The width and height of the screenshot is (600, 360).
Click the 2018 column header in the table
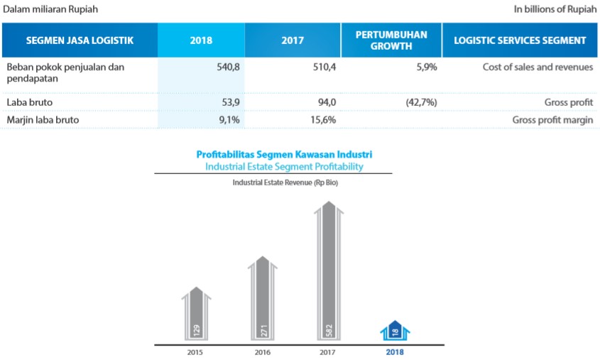[201, 40]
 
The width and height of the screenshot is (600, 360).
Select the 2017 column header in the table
[293, 40]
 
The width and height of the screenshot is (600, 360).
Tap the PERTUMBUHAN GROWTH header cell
[391, 40]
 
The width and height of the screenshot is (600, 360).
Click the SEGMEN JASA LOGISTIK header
[80, 40]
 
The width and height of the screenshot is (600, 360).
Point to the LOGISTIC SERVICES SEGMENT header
[520, 40]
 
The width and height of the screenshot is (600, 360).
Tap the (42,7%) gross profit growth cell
[420, 102]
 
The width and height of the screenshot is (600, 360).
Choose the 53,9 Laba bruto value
[231, 102]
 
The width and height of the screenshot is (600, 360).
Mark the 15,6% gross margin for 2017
[322, 120]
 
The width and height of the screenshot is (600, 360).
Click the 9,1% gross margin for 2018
[230, 120]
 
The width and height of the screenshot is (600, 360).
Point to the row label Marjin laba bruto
[43, 120]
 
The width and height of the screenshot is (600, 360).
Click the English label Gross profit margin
[552, 120]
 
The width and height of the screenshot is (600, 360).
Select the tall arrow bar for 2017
[328, 270]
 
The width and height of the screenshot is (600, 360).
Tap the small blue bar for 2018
[395, 331]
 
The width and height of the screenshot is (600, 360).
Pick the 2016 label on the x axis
[262, 351]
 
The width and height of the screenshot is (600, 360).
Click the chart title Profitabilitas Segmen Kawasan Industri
[284, 154]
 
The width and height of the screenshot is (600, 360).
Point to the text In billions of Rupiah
[553, 9]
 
